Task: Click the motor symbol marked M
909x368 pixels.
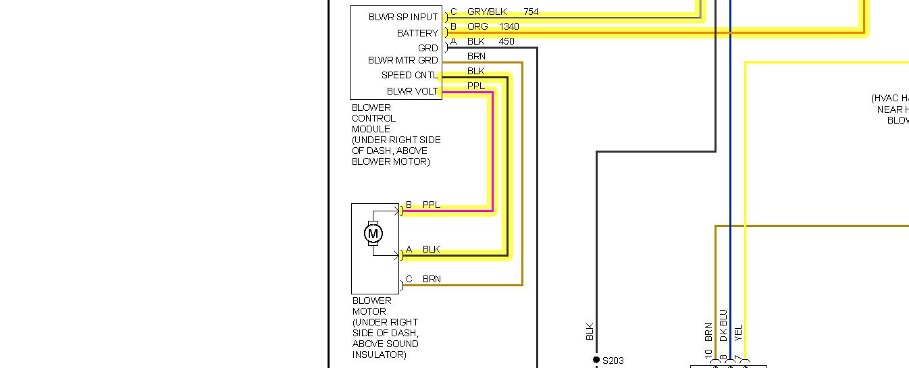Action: click(x=373, y=234)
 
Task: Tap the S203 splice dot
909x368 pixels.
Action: click(x=596, y=360)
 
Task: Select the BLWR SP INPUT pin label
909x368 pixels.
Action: click(x=403, y=17)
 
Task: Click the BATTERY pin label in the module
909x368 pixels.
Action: click(x=417, y=33)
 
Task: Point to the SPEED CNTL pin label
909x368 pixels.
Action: click(x=409, y=75)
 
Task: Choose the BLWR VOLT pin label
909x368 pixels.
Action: click(x=412, y=91)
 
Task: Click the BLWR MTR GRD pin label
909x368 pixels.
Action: click(x=402, y=60)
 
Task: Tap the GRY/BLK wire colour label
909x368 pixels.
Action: click(x=486, y=11)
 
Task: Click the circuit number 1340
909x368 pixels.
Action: click(x=509, y=26)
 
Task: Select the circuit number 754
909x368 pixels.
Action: click(x=531, y=11)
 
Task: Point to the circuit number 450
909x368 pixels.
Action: click(x=506, y=41)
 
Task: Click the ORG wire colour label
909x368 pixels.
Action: click(x=476, y=26)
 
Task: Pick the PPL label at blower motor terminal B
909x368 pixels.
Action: click(x=431, y=205)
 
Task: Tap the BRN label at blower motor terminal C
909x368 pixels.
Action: click(x=432, y=279)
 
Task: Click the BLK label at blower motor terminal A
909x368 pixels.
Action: click(x=431, y=249)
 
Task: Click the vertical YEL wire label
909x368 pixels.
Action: click(x=738, y=332)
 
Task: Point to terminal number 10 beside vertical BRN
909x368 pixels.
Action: click(x=708, y=354)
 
